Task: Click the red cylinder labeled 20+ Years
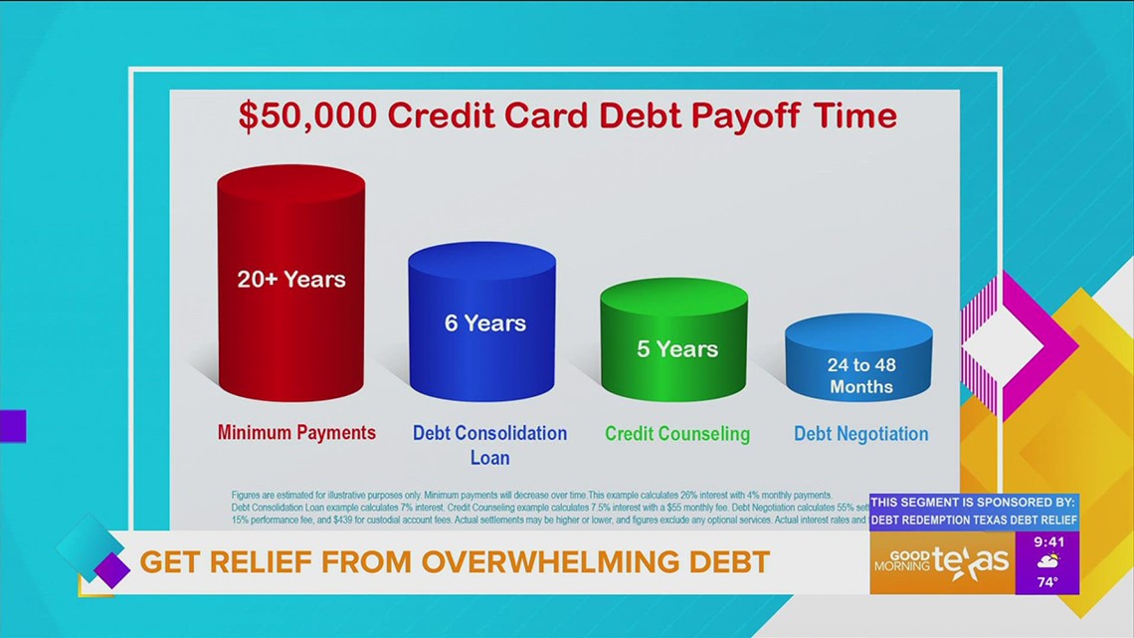pos(290,289)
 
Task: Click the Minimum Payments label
pos(296,432)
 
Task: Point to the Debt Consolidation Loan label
pos(489,445)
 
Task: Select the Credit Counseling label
pos(676,434)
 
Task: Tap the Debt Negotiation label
pos(860,434)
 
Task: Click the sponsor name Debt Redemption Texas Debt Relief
pos(974,520)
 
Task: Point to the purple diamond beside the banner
pos(111,569)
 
